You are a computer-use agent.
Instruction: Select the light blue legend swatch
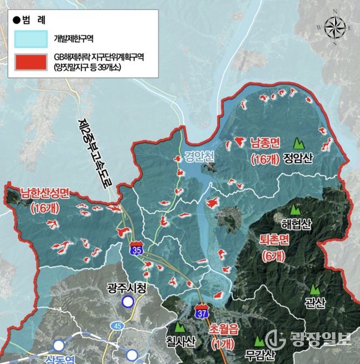(32, 39)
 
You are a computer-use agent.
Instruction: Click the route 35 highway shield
(137, 250)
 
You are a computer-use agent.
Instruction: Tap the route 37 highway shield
(201, 311)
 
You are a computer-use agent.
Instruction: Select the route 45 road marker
(117, 326)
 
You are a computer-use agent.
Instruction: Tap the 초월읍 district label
(222, 329)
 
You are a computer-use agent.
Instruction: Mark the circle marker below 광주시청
(127, 302)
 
